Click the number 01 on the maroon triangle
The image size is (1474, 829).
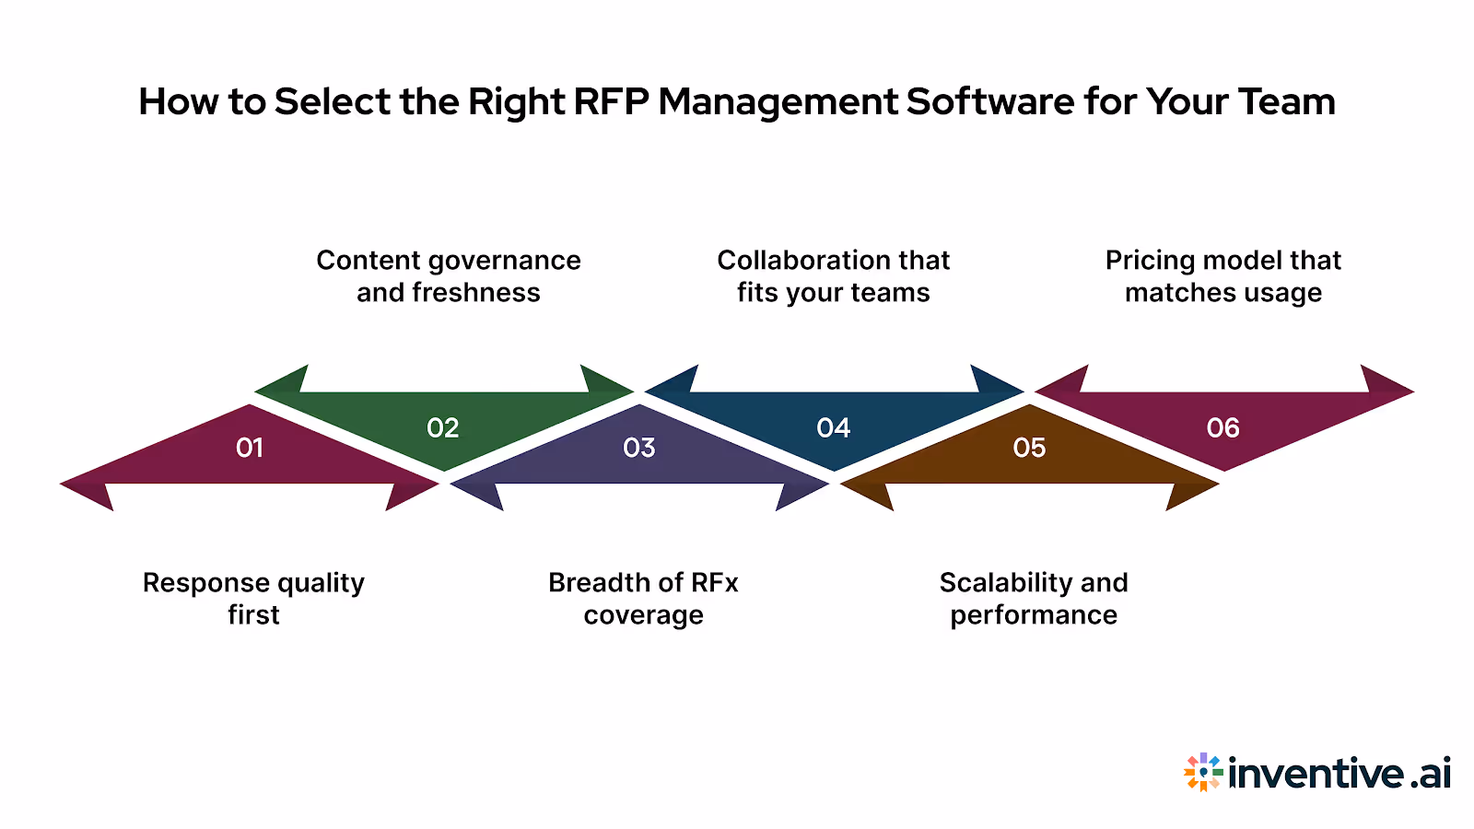coord(250,448)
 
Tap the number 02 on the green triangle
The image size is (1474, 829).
coord(443,428)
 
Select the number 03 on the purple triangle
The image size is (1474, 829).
coord(639,448)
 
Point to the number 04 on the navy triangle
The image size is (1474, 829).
coord(834,428)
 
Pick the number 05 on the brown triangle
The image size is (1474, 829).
coord(1029,448)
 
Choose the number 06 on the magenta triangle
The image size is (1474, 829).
coord(1223,428)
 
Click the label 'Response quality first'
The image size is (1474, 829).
coord(253,599)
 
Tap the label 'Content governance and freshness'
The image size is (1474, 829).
coord(449,276)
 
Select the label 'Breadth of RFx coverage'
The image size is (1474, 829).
coord(643,599)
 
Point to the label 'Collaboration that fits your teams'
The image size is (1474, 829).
coord(834,276)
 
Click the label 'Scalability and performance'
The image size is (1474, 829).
coord(1034,599)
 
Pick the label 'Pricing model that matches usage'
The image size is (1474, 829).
coord(1223,276)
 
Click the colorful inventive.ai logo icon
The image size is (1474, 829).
coord(1203,772)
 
